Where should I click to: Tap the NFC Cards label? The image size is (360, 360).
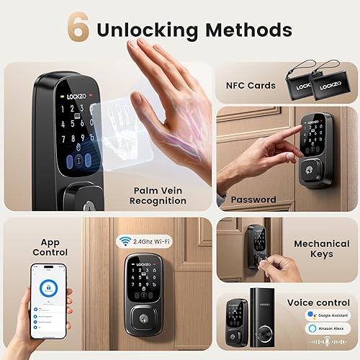click(250, 86)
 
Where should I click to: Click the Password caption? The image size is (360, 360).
click(253, 199)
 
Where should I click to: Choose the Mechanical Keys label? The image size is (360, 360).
click(321, 249)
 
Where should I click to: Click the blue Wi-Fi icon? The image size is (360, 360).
click(123, 243)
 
